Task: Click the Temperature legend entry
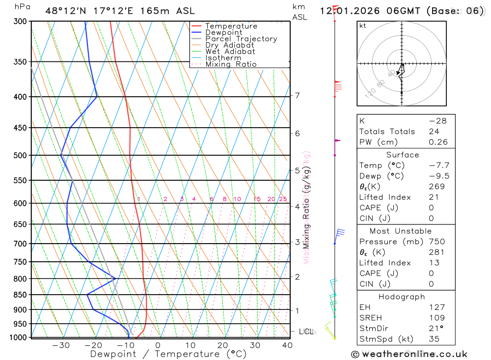(x=231, y=26)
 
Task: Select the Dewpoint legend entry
(x=223, y=32)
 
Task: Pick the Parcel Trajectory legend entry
(x=241, y=39)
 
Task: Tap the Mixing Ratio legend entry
(x=231, y=64)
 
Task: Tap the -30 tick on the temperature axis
(x=61, y=345)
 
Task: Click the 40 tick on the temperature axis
(x=287, y=345)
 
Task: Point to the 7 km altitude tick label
(x=298, y=95)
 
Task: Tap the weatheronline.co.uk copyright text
(x=409, y=354)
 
